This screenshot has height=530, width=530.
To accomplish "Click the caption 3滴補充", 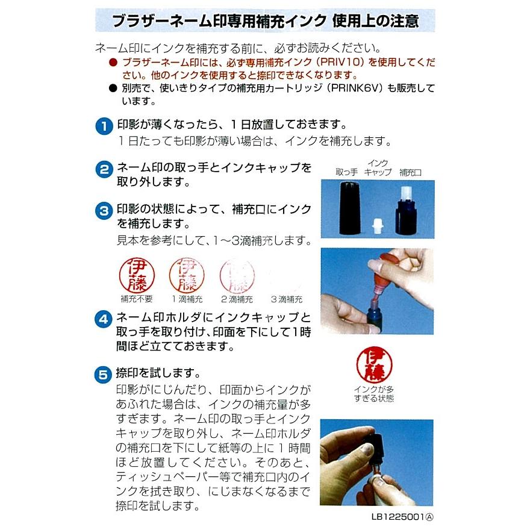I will tap(287, 299).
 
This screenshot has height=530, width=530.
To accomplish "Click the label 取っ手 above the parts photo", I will tap(347, 172).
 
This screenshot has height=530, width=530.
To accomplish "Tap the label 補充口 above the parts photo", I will tap(410, 172).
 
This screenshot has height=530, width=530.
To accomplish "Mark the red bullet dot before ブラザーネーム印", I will tap(113, 63).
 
